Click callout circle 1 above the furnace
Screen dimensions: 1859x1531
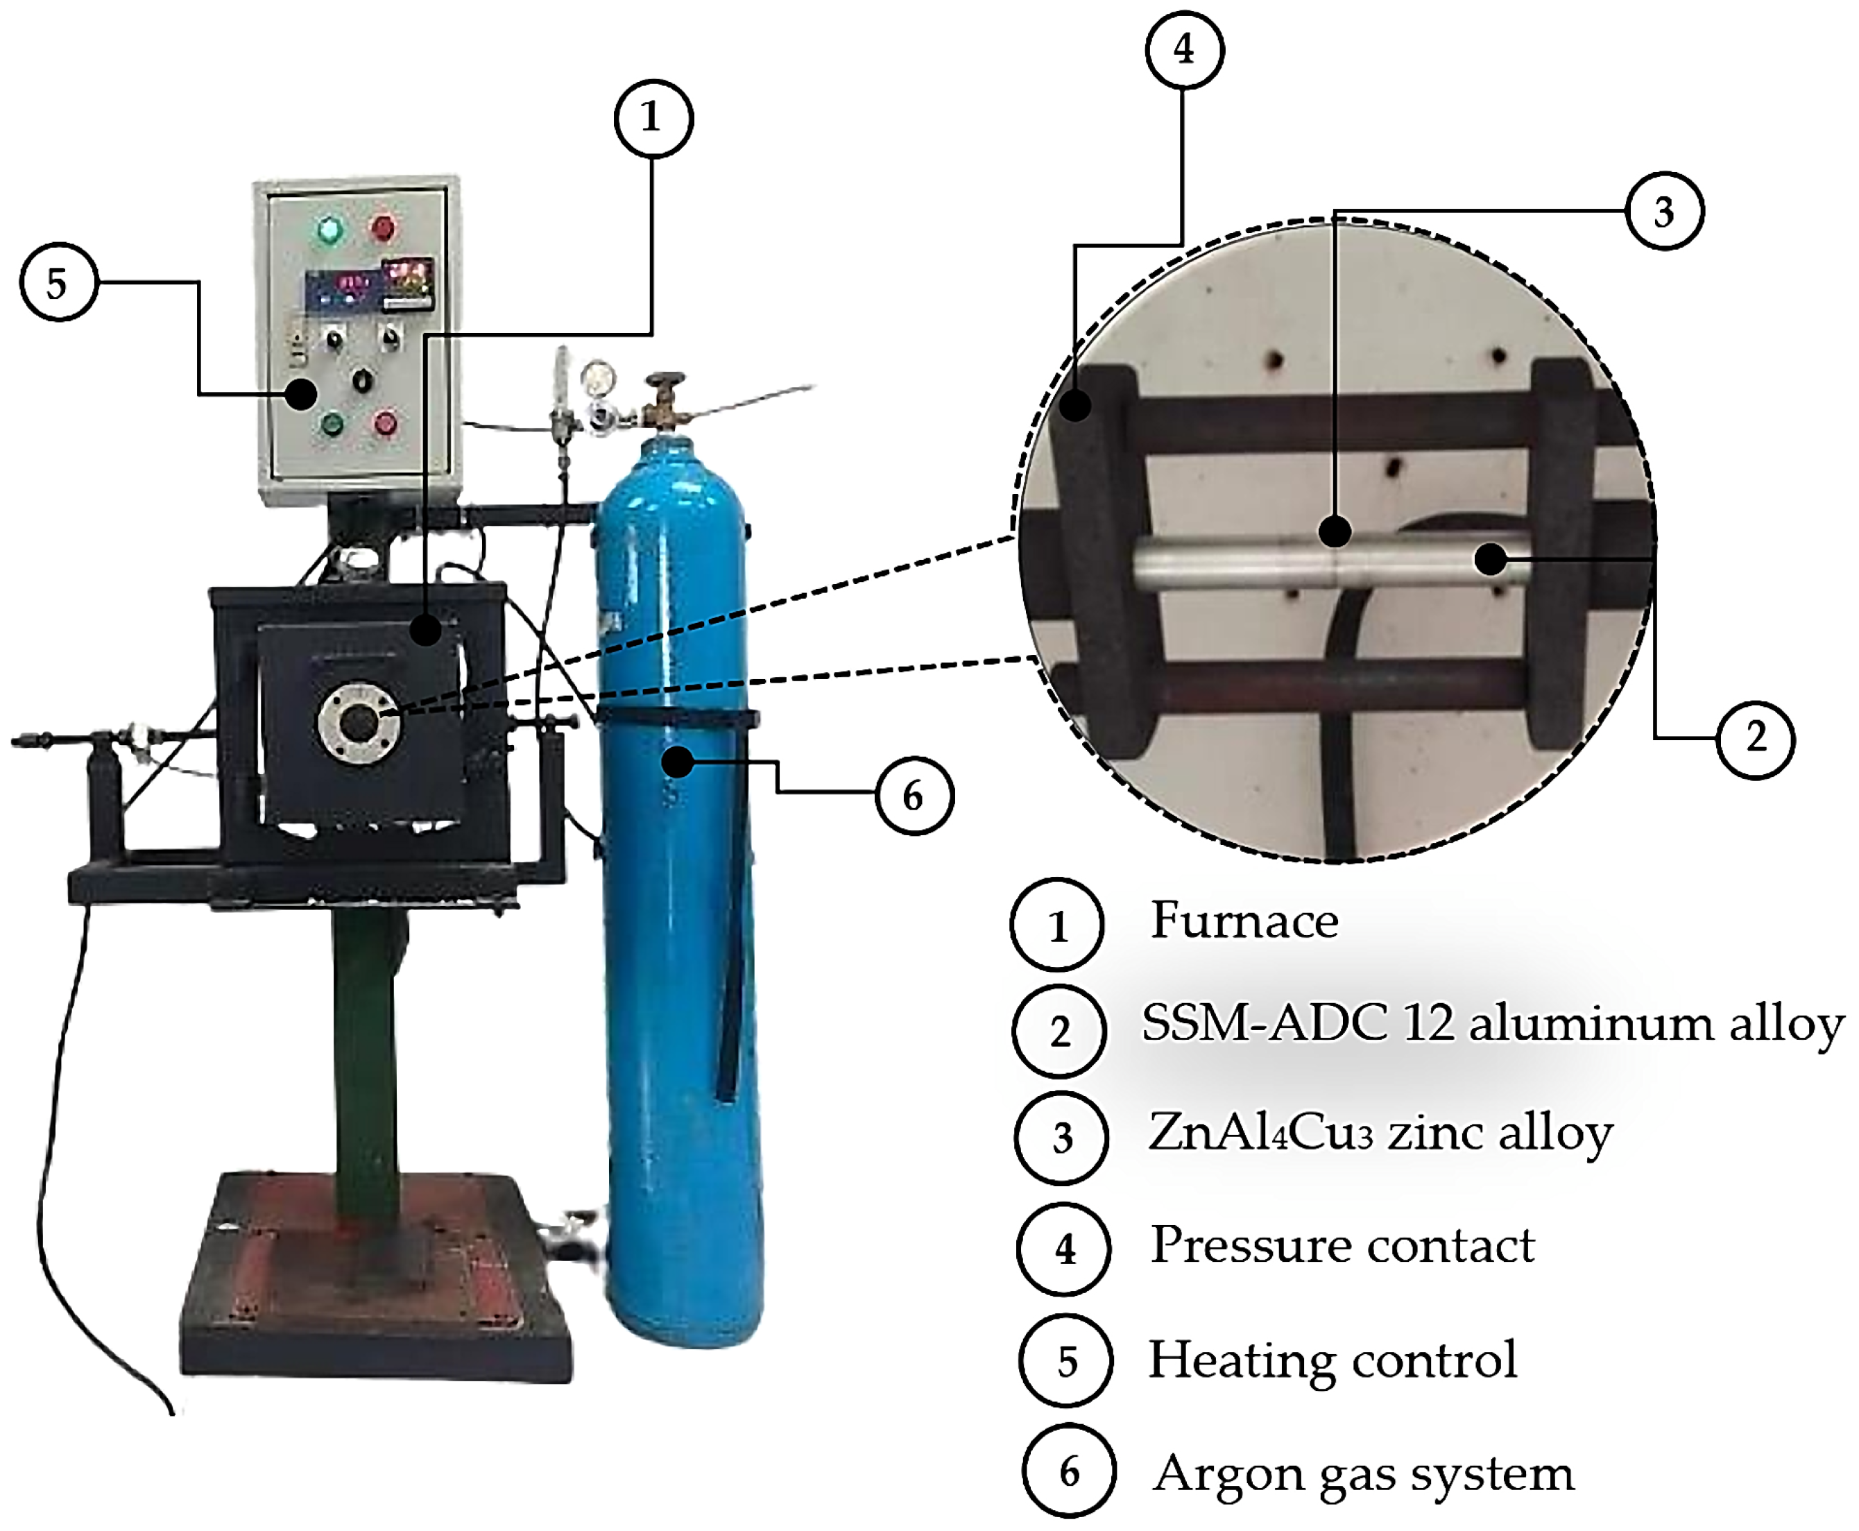pyautogui.click(x=653, y=118)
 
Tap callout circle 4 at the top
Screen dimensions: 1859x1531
pyautogui.click(x=1183, y=49)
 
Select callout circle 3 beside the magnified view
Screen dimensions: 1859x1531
pyautogui.click(x=1664, y=212)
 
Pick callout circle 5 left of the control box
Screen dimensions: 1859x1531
pyautogui.click(x=58, y=283)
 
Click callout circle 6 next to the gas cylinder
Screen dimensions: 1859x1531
pyautogui.click(x=914, y=796)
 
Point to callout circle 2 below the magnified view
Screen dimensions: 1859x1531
pyautogui.click(x=1756, y=739)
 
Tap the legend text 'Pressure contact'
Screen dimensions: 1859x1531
pyautogui.click(x=1342, y=1245)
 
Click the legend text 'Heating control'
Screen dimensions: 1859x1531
pyautogui.click(x=1332, y=1360)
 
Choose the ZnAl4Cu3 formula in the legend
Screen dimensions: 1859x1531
pyautogui.click(x=1260, y=1134)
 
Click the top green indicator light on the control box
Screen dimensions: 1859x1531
pyautogui.click(x=329, y=230)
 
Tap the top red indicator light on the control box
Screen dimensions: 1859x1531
pyautogui.click(x=383, y=228)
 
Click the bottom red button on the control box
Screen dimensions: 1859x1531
pyautogui.click(x=386, y=423)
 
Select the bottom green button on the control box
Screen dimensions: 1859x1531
pyautogui.click(x=332, y=425)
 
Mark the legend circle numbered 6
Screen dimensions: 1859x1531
pyautogui.click(x=1069, y=1472)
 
